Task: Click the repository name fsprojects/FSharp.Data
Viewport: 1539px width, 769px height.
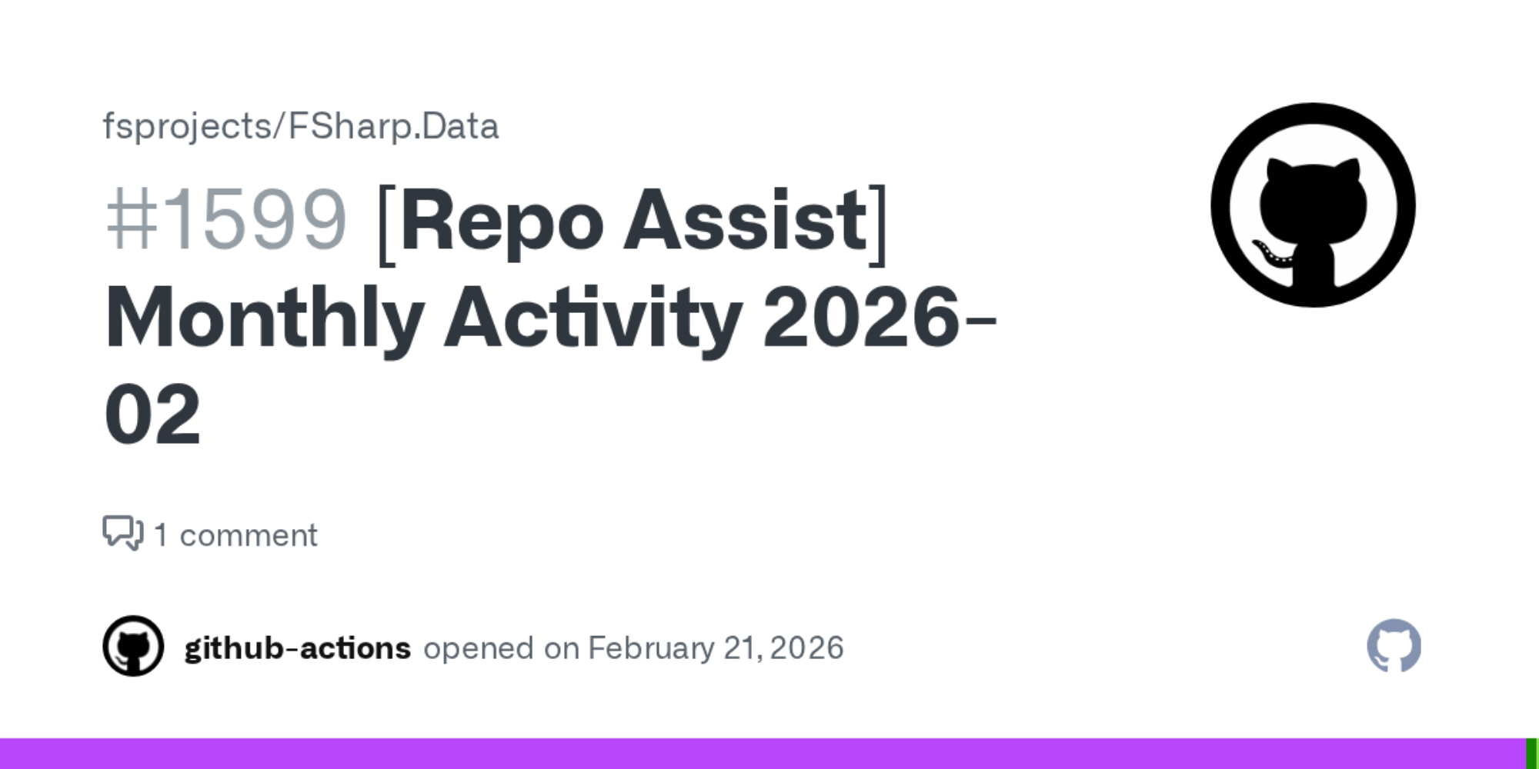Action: pos(301,126)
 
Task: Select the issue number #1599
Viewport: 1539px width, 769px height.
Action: pos(226,221)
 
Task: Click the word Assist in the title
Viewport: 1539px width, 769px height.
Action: pos(746,221)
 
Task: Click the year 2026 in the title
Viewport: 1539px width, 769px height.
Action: pos(862,316)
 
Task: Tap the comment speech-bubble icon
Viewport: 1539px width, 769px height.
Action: pos(123,532)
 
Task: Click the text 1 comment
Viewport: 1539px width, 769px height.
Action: pos(235,535)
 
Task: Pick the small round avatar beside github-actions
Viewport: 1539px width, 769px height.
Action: pos(133,646)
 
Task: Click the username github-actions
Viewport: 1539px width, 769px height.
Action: pos(298,648)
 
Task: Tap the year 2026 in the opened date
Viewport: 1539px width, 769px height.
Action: pos(806,648)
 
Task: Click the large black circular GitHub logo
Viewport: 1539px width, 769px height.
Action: pos(1313,205)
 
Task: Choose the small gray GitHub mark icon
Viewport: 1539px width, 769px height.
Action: pos(1394,645)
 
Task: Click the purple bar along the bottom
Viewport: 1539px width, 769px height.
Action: pos(763,754)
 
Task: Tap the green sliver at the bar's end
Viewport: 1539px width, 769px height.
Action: pos(1532,754)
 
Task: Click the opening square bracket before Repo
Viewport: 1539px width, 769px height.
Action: pos(387,225)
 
